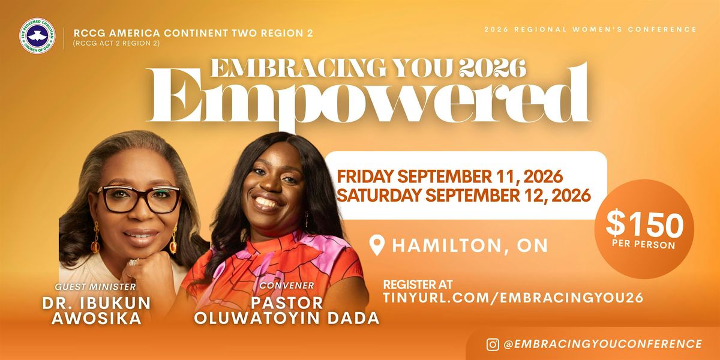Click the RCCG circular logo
pyautogui.click(x=37, y=36)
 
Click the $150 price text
pyautogui.click(x=644, y=226)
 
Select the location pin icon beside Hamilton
pyautogui.click(x=377, y=245)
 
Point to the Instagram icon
pyautogui.click(x=493, y=344)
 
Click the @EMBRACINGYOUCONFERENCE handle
pyautogui.click(x=602, y=344)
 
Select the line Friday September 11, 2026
pyautogui.click(x=449, y=177)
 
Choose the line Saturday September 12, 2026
pyautogui.click(x=464, y=195)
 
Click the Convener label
pyautogui.click(x=287, y=285)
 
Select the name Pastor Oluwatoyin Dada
pyautogui.click(x=287, y=310)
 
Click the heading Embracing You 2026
pyautogui.click(x=368, y=68)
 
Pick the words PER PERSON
pyautogui.click(x=644, y=245)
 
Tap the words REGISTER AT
pyautogui.click(x=418, y=284)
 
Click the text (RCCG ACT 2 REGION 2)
pyautogui.click(x=116, y=43)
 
